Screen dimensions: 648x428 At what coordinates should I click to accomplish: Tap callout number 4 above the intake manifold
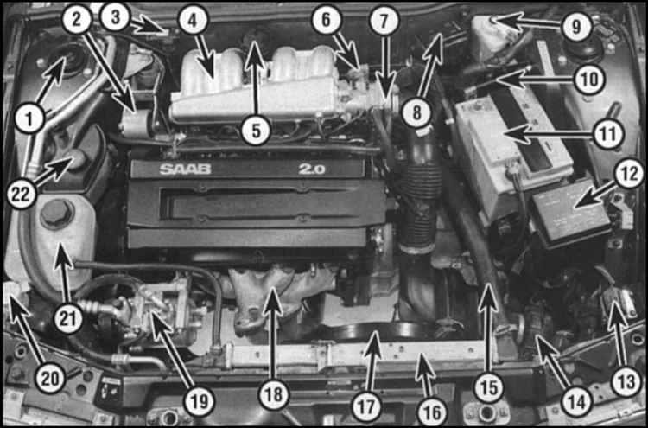click(193, 21)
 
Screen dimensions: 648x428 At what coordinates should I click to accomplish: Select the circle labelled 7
click(384, 21)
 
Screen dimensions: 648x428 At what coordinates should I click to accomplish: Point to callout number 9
click(576, 27)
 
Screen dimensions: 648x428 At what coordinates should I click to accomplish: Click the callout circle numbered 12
click(628, 175)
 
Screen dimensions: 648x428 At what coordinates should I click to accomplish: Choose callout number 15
click(489, 389)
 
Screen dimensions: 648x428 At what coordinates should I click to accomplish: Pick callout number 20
click(49, 379)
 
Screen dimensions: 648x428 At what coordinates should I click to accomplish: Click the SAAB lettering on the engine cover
click(186, 169)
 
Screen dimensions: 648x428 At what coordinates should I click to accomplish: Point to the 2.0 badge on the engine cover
click(313, 169)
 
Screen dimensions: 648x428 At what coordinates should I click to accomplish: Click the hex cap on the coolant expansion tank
click(57, 214)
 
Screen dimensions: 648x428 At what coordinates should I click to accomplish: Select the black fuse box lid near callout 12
click(570, 215)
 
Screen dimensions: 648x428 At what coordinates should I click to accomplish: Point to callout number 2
click(77, 21)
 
